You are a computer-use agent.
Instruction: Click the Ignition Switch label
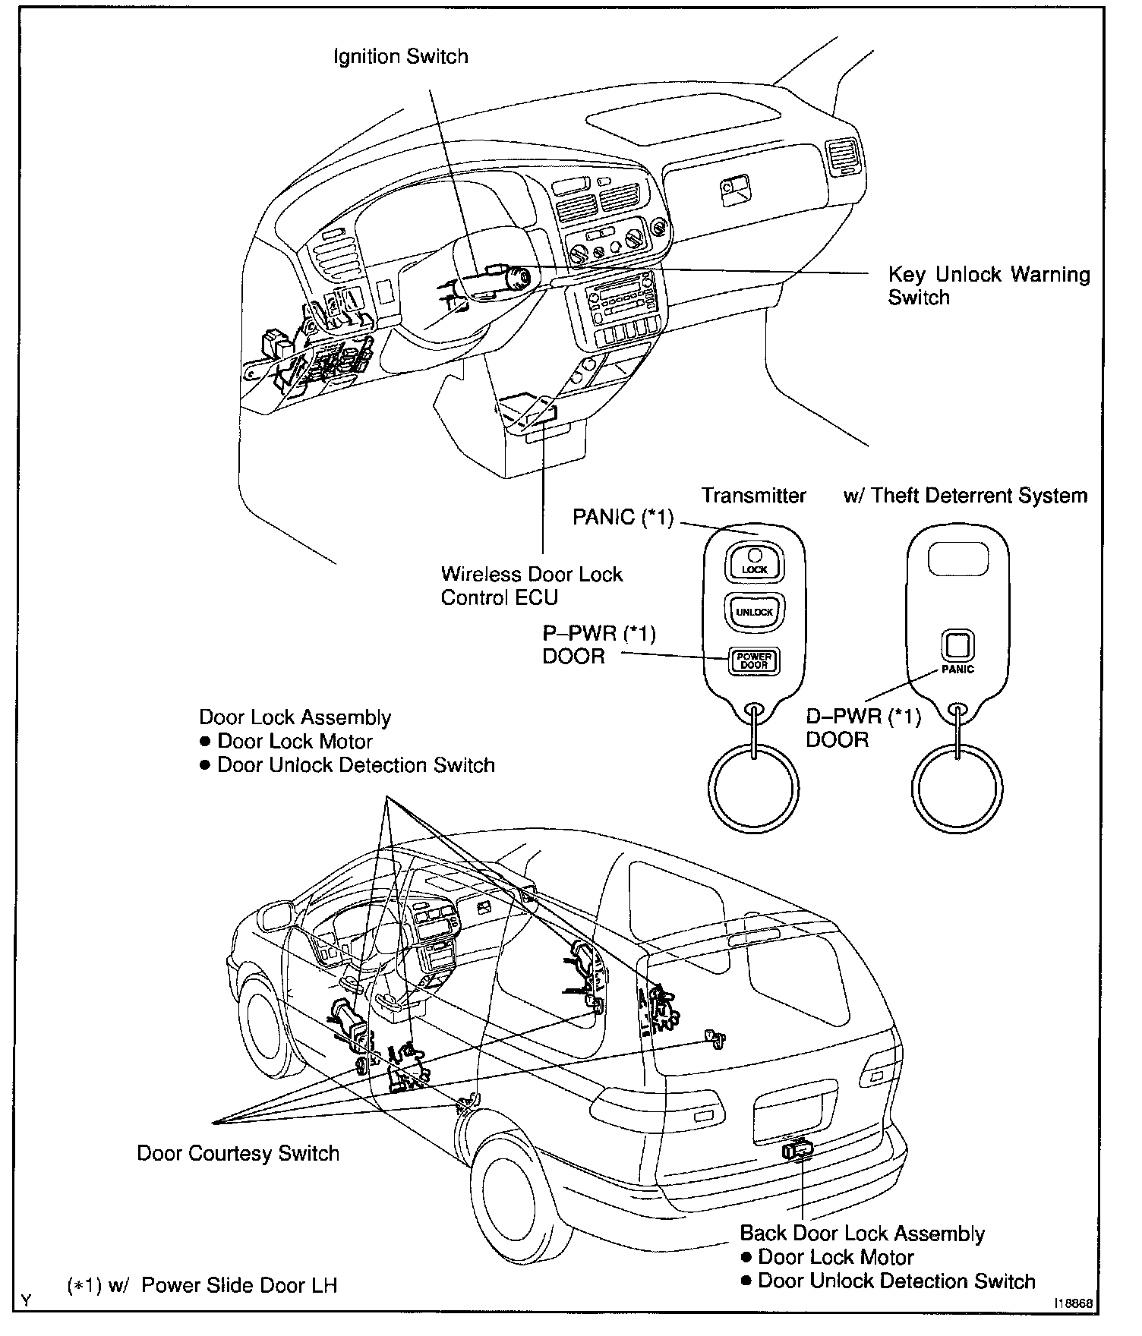[400, 57]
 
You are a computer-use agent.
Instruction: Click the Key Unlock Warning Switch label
[989, 285]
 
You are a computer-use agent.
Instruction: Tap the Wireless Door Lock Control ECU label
[532, 585]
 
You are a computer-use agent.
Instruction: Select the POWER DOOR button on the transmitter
[754, 661]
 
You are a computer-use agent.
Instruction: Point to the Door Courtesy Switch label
[238, 1153]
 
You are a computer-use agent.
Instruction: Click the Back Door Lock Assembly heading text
[862, 1234]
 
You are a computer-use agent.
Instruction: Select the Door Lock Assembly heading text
[295, 717]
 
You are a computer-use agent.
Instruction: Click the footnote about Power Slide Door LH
[202, 1284]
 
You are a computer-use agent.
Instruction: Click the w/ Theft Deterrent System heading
[965, 496]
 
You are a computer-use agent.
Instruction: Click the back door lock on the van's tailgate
[797, 1150]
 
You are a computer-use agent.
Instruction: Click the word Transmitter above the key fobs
[753, 496]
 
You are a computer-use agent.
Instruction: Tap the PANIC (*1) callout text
[623, 518]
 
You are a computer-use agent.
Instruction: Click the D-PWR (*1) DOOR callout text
[863, 727]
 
